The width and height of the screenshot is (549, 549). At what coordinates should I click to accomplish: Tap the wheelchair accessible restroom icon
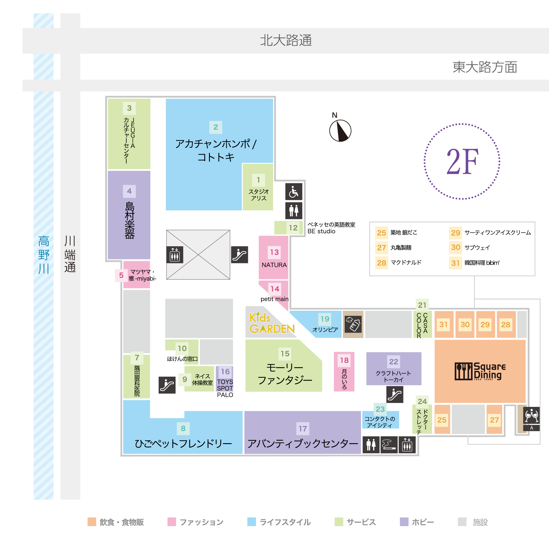294,192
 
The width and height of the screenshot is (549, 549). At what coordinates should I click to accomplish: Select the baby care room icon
353,324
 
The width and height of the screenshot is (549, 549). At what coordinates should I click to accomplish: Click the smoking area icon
389,445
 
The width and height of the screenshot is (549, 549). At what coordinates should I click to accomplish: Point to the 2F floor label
462,162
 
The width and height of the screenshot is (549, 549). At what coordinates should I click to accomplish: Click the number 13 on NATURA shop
274,252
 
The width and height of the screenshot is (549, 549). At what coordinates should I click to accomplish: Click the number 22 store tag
393,361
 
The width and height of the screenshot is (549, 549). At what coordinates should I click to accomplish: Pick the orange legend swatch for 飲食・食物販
92,522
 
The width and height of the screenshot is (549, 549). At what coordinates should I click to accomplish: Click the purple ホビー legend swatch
404,522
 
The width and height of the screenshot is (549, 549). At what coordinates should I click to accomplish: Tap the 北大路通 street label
286,40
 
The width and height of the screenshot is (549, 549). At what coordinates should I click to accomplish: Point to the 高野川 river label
44,254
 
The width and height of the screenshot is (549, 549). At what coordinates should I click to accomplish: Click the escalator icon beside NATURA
239,254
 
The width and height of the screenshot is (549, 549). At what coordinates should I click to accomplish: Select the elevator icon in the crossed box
175,254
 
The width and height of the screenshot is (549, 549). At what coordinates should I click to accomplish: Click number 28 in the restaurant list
381,263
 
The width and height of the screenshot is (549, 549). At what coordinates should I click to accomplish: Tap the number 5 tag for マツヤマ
121,275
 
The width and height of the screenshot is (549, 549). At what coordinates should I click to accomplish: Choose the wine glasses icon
531,415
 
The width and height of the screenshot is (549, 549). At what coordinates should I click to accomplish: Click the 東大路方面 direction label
485,67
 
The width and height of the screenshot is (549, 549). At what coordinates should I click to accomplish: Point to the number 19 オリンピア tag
325,319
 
